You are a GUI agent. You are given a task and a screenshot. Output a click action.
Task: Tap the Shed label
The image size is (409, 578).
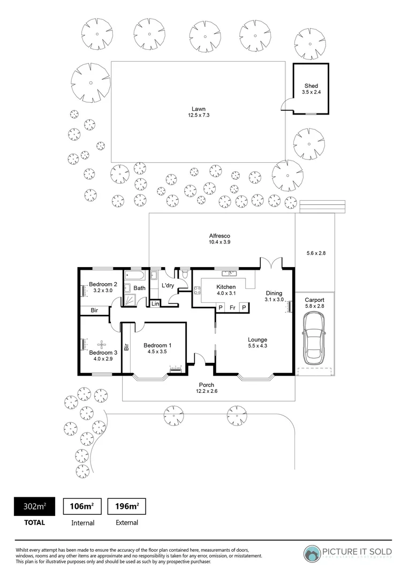[311, 86]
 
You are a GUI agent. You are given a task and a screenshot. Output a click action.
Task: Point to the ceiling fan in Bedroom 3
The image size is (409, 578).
[101, 344]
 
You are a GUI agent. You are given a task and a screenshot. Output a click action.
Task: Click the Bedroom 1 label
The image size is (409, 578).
[157, 345]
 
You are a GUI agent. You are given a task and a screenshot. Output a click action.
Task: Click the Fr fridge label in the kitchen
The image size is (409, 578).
[232, 308]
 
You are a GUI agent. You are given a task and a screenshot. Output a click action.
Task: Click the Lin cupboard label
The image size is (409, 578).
[155, 304]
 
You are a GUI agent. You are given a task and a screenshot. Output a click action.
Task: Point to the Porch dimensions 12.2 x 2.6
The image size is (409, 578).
[207, 392]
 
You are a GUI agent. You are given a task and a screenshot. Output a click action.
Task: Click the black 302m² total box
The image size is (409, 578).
[34, 506]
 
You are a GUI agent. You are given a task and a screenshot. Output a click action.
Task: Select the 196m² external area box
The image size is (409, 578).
[127, 506]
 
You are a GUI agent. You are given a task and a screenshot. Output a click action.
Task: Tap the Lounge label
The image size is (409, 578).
[257, 339]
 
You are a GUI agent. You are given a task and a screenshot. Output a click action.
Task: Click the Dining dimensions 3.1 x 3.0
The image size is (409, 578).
[274, 300]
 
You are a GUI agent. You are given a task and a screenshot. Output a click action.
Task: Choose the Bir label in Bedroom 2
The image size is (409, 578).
[94, 310]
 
